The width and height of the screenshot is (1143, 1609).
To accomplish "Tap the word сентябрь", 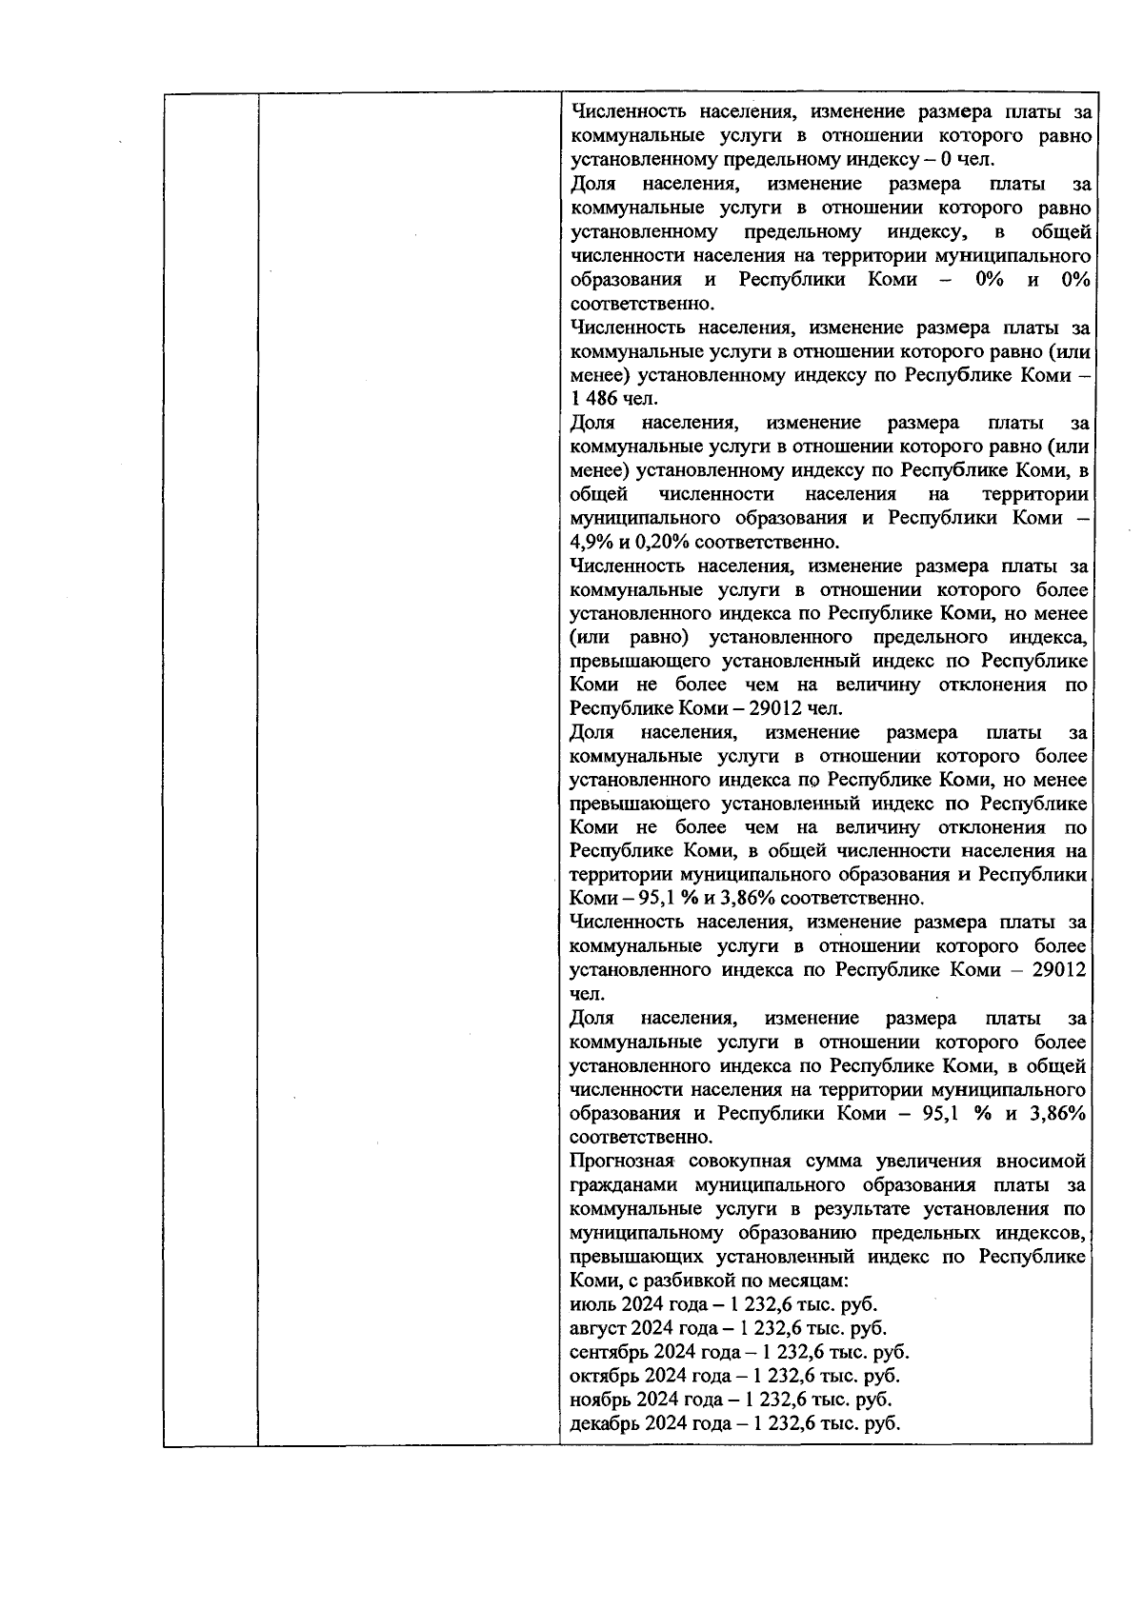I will (x=605, y=1352).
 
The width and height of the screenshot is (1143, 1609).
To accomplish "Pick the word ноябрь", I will (x=596, y=1400).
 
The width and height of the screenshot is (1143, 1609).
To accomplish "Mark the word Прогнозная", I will (x=622, y=1162).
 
